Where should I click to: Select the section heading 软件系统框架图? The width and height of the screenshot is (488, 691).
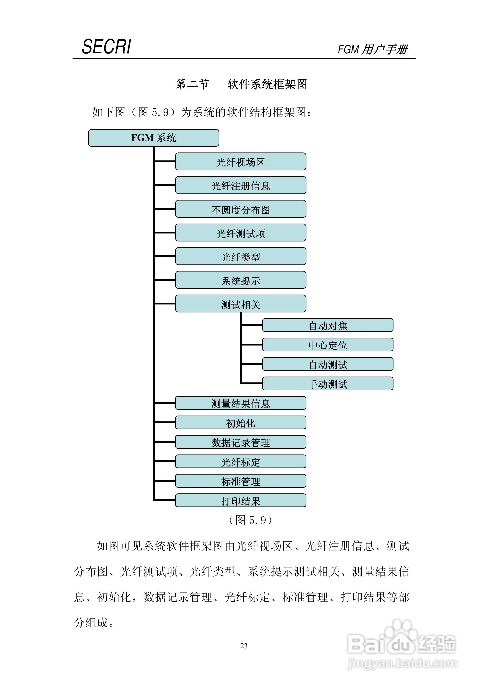click(267, 84)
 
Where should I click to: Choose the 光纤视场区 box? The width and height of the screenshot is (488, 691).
click(241, 162)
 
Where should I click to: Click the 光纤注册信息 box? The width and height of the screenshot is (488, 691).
click(241, 185)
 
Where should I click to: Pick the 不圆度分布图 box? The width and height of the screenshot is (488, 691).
click(241, 209)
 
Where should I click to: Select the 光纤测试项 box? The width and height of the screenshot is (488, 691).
click(241, 233)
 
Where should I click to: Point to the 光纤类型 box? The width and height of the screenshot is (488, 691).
click(241, 256)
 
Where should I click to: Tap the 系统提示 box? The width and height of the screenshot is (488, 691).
click(241, 280)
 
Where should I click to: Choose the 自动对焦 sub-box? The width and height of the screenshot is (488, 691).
click(328, 325)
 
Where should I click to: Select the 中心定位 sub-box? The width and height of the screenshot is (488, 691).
click(328, 345)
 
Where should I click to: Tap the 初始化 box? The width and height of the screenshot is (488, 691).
click(241, 423)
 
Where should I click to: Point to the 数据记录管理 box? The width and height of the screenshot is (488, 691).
click(241, 442)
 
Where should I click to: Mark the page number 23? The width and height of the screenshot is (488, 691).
click(244, 645)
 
